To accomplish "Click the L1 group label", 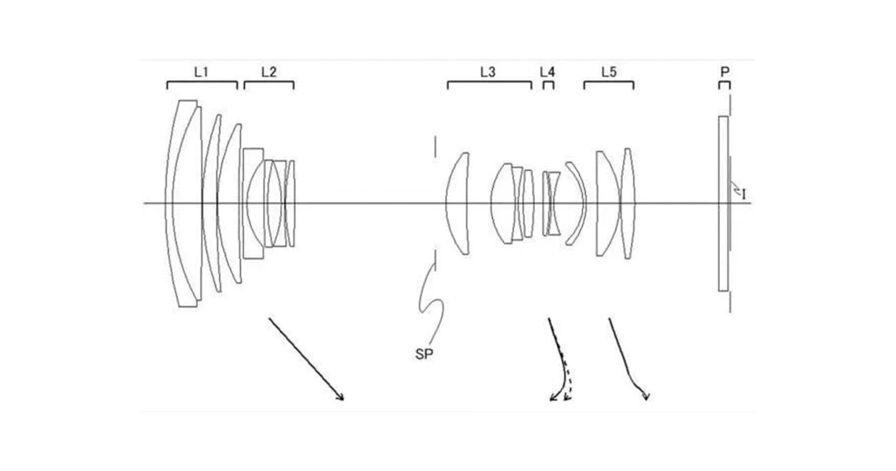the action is click(201, 72).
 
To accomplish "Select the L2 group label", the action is click(269, 72).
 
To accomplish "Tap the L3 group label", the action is click(488, 72).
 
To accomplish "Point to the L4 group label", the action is click(547, 72).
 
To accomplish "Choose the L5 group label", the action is click(609, 72).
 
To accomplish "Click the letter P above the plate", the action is click(725, 72).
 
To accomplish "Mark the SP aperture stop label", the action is click(424, 354).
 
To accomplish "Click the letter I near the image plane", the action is click(743, 195).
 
